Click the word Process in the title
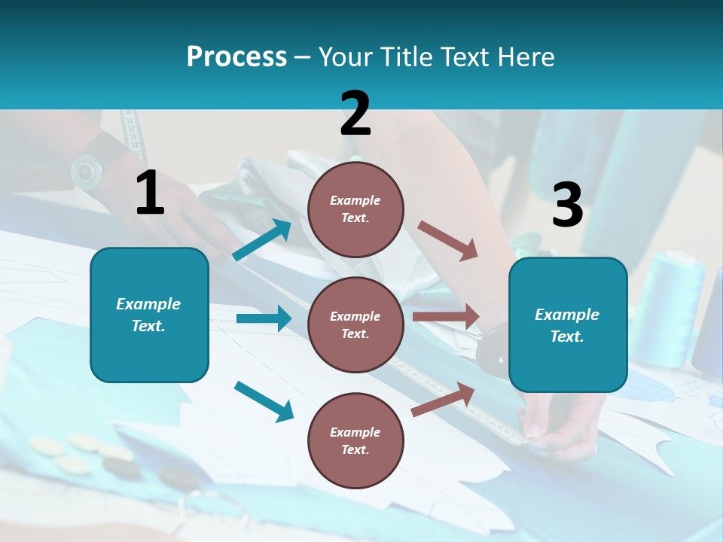pyautogui.click(x=236, y=57)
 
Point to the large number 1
pyautogui.click(x=150, y=193)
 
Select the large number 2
pyautogui.click(x=355, y=114)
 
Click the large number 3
pyautogui.click(x=567, y=206)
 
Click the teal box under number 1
pyautogui.click(x=149, y=315)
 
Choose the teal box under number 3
pyautogui.click(x=568, y=325)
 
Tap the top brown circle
pyautogui.click(x=355, y=209)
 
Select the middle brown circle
pyautogui.click(x=355, y=324)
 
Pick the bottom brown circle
pyautogui.click(x=355, y=440)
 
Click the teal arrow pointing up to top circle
pyautogui.click(x=261, y=241)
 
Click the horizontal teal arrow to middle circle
pyautogui.click(x=264, y=318)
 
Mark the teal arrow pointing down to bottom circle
pyautogui.click(x=264, y=401)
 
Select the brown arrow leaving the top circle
pyautogui.click(x=447, y=240)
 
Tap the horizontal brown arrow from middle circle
pyautogui.click(x=445, y=317)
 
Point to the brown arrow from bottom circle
pyautogui.click(x=443, y=399)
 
